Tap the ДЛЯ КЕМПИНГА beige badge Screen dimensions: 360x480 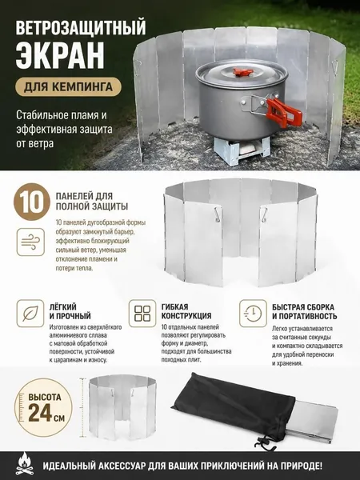(68, 87)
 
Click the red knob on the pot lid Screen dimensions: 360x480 (241, 72)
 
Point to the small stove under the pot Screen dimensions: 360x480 (242, 150)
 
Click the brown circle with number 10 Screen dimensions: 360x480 (32, 202)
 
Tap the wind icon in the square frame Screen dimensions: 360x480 (30, 242)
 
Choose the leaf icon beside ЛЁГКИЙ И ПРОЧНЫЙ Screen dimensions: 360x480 (30, 314)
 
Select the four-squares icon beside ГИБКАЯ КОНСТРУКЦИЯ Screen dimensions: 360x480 (142, 314)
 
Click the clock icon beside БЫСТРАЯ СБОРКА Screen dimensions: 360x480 (253, 314)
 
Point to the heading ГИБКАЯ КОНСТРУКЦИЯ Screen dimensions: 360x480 (186, 311)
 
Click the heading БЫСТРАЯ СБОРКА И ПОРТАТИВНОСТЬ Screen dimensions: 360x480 (305, 312)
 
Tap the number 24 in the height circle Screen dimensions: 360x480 (41, 414)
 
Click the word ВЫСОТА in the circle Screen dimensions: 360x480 (45, 398)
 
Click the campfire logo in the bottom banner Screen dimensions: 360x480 (23, 466)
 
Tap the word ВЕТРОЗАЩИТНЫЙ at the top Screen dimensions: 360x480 (81, 30)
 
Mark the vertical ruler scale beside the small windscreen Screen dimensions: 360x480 (82, 408)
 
